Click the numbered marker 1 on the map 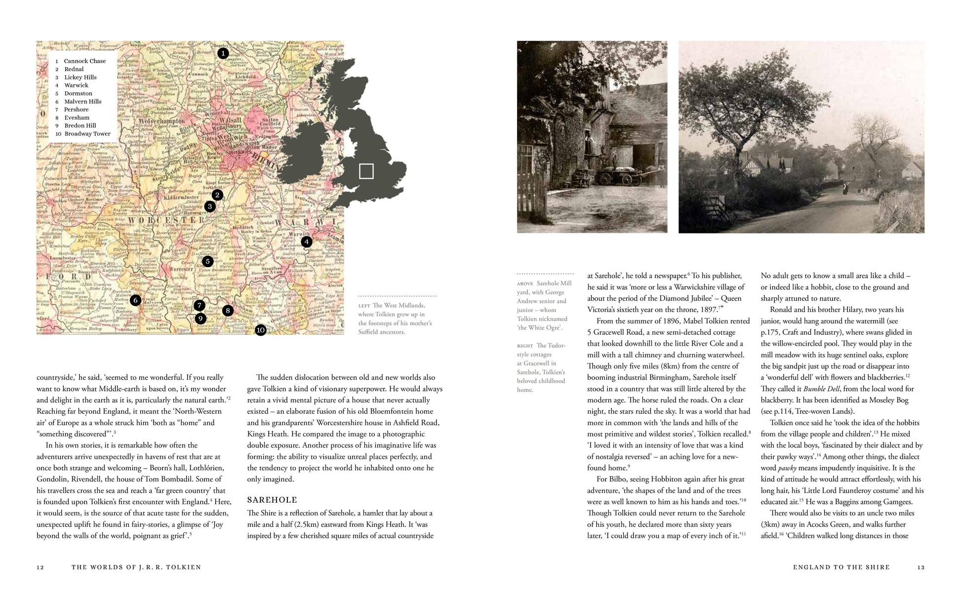(x=223, y=53)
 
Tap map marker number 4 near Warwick (x=307, y=241)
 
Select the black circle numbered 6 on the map (x=135, y=300)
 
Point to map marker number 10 (x=261, y=330)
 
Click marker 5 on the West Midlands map (x=207, y=261)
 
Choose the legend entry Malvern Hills (x=82, y=101)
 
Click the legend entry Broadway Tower (x=87, y=134)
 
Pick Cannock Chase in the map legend (x=84, y=61)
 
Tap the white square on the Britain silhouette (x=366, y=171)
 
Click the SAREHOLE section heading (x=272, y=500)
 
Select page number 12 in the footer (x=40, y=567)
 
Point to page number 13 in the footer (x=921, y=567)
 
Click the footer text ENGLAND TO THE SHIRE (x=841, y=567)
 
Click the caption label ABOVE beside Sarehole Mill (x=525, y=284)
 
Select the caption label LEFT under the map (x=364, y=306)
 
